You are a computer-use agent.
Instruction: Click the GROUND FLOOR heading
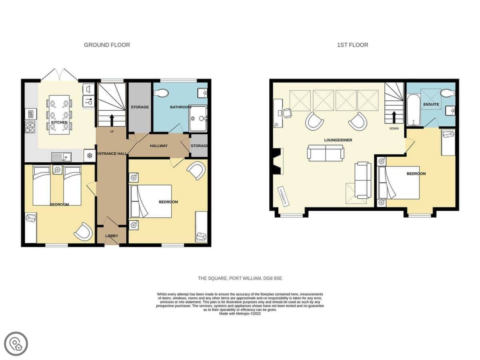click(107, 45)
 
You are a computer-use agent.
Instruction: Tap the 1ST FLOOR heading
click(352, 45)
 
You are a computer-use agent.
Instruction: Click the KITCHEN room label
click(59, 122)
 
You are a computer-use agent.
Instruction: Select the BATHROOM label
click(181, 107)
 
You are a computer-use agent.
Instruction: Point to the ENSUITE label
click(431, 104)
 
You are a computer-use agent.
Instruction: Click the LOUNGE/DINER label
click(338, 140)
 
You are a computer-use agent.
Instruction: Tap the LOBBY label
click(112, 236)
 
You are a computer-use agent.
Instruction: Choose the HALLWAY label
click(159, 146)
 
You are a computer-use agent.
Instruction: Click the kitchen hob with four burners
click(30, 127)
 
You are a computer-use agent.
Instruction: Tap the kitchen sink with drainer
click(62, 157)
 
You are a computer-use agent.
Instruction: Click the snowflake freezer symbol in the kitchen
click(90, 156)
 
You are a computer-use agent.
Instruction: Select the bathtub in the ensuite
click(413, 110)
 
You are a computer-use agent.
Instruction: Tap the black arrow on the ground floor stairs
click(112, 120)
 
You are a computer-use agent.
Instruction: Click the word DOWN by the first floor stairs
click(394, 128)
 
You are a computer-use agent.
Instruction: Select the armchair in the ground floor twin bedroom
click(84, 232)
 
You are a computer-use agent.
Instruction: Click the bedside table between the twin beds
click(58, 170)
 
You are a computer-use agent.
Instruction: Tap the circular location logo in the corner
click(16, 344)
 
